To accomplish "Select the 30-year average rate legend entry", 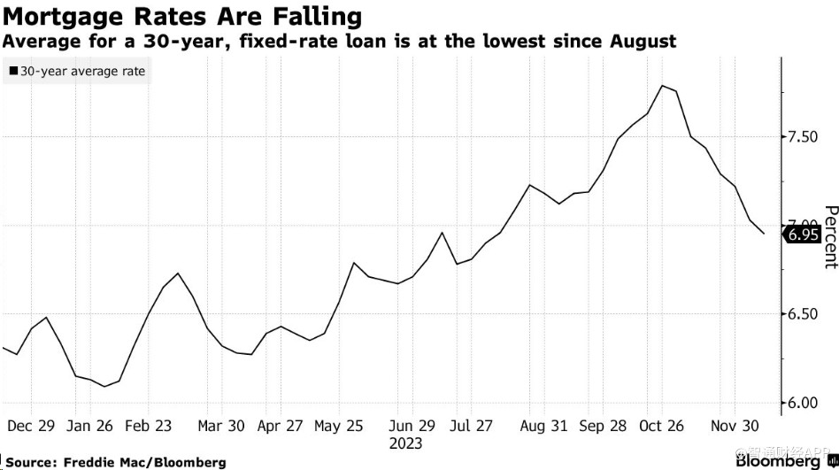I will point(78,71).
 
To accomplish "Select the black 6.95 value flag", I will point(802,235).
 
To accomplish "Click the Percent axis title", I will point(829,236).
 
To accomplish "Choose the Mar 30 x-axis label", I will point(222,425).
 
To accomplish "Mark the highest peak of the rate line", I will point(662,86).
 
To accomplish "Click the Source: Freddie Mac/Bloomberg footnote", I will point(116,462).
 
